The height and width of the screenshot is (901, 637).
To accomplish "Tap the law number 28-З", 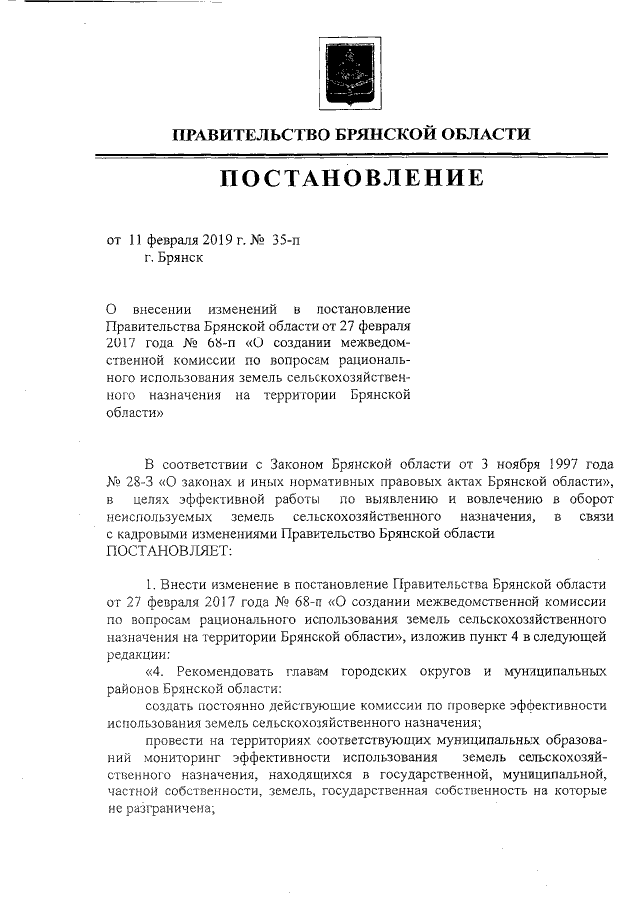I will (142, 482).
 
